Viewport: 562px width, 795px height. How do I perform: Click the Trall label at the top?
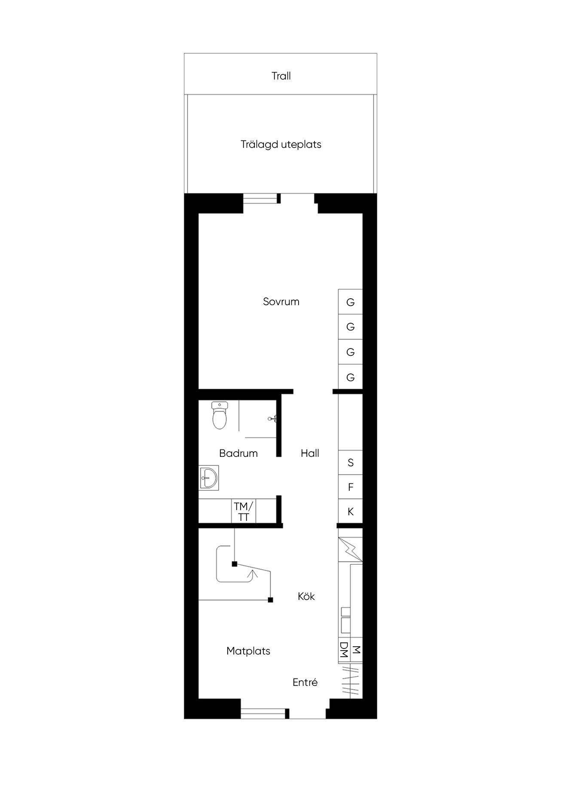(281, 76)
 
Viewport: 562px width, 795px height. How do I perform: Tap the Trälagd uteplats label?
(281, 144)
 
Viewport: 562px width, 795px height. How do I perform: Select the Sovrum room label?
(281, 302)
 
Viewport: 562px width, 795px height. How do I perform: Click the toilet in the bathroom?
(219, 415)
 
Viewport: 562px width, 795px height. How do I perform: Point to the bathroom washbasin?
(209, 477)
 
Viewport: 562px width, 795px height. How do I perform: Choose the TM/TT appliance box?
(244, 511)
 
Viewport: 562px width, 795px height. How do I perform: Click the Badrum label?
(238, 453)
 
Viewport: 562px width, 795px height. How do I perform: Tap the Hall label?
(310, 453)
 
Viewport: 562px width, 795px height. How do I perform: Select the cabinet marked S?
(351, 462)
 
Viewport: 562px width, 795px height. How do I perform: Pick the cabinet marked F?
(351, 487)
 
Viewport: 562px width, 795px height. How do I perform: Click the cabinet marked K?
(351, 512)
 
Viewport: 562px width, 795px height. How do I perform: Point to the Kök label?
(306, 596)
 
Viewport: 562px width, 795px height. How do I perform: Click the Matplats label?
(248, 651)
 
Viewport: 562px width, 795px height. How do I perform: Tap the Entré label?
(305, 682)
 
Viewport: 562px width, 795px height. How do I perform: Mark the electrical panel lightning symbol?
(350, 549)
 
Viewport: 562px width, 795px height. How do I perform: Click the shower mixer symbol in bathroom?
(272, 418)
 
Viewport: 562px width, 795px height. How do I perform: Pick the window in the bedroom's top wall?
(260, 199)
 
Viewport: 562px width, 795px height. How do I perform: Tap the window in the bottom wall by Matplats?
(263, 713)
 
